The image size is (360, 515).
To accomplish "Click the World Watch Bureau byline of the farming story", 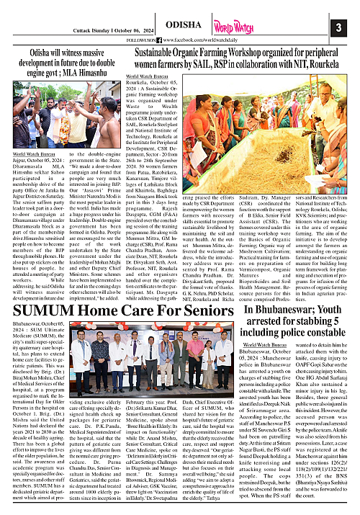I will point(147,76).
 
